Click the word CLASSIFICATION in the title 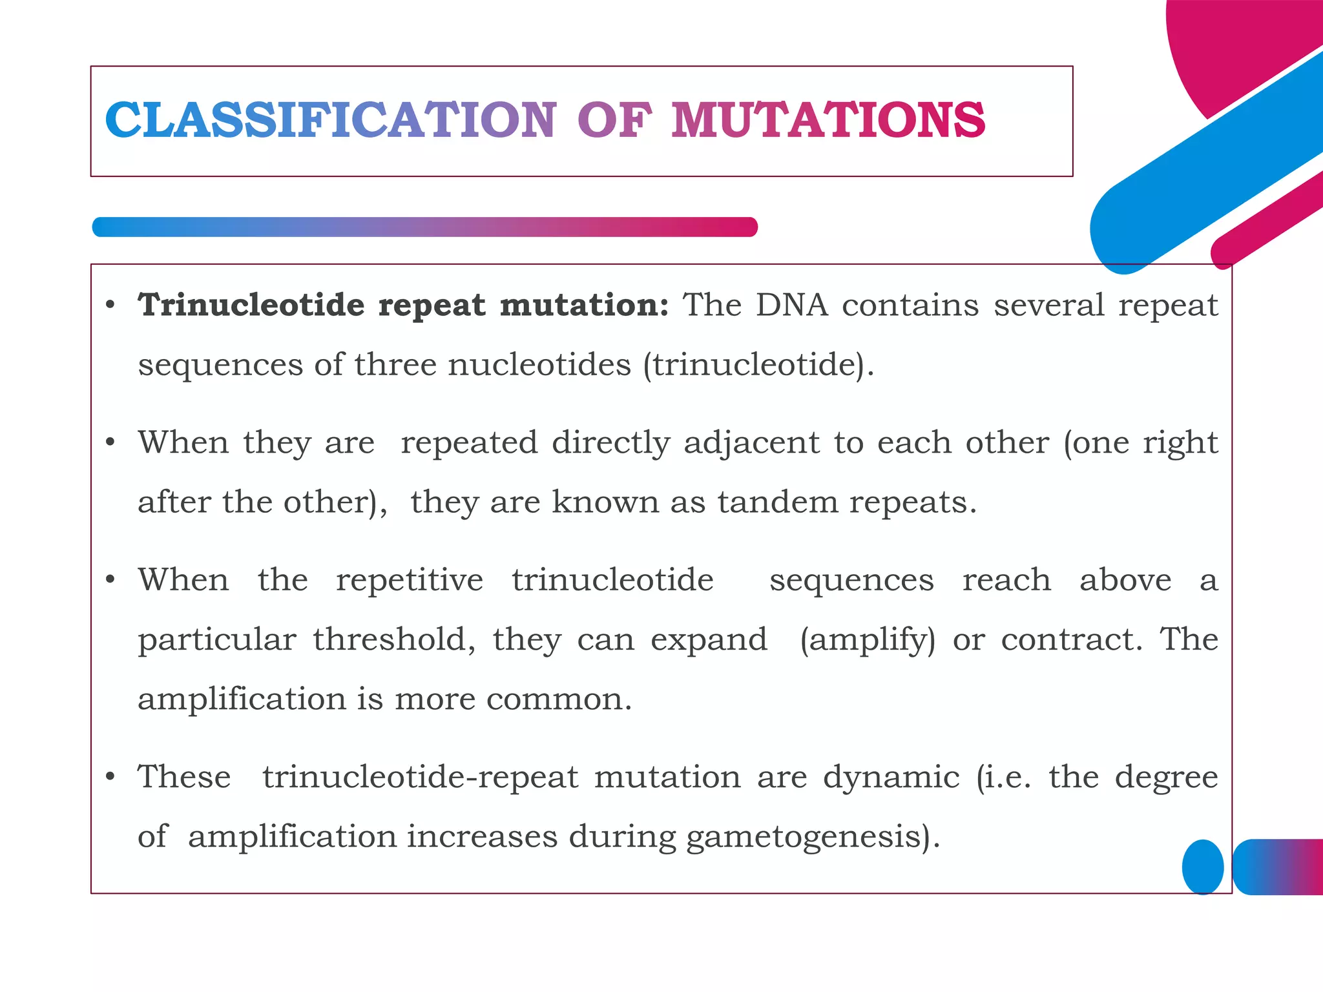[x=329, y=121]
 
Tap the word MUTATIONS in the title [x=828, y=121]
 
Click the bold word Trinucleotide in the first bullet [x=251, y=305]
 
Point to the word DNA [x=792, y=305]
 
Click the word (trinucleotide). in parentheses [x=758, y=365]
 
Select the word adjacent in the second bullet [x=751, y=444]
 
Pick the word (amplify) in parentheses [x=868, y=640]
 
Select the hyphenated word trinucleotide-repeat [x=420, y=777]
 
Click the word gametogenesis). [x=813, y=837]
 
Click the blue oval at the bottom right [x=1202, y=867]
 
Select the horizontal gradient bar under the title [x=424, y=227]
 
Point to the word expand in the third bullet [x=709, y=640]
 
